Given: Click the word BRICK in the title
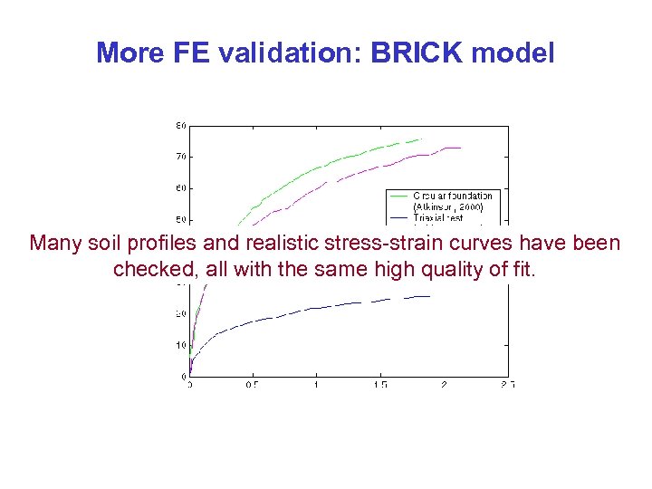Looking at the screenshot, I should (422, 53).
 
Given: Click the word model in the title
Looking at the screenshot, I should (513, 53).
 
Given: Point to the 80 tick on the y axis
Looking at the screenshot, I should (181, 126).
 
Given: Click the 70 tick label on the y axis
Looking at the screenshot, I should (181, 157).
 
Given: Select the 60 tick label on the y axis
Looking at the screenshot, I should (181, 188).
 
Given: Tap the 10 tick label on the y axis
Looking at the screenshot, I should (181, 345).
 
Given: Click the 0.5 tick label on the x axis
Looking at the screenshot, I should (252, 385).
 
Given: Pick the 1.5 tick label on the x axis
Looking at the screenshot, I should (380, 385).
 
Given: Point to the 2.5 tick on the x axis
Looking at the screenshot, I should (507, 385).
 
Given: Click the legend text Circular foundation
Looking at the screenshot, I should (453, 196).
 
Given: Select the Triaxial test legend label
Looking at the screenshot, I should (439, 217).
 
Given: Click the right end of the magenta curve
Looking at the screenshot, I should (461, 148).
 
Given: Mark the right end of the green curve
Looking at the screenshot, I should (422, 139).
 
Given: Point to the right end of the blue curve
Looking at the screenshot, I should (429, 296).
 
